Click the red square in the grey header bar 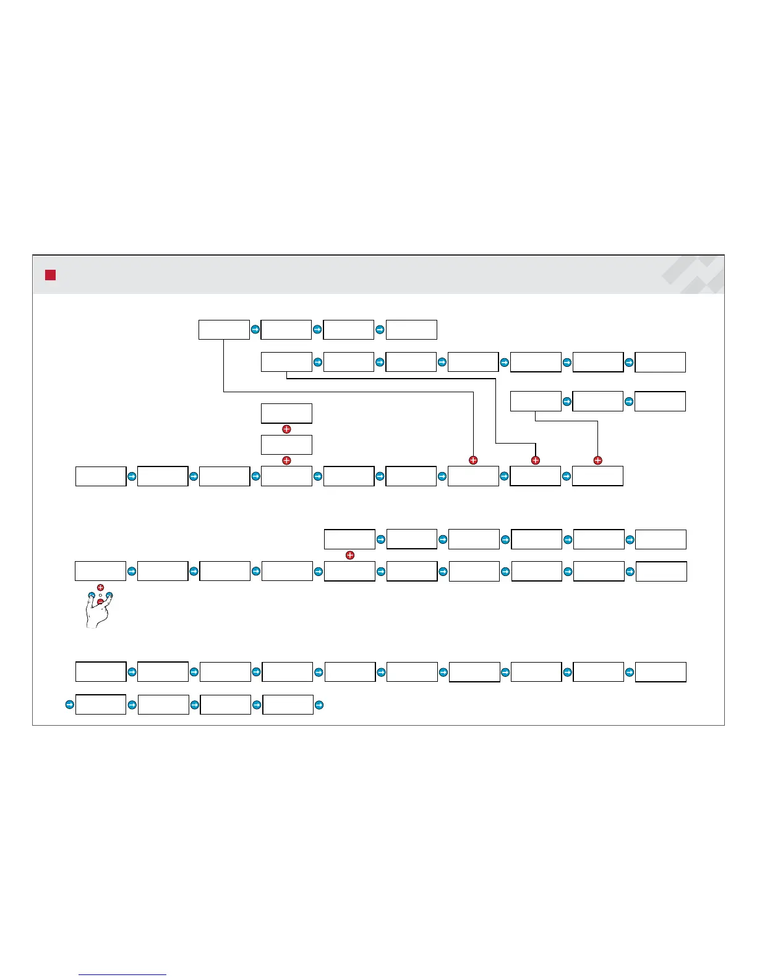click(50, 275)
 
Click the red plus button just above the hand click(100, 587)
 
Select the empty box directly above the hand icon click(100, 571)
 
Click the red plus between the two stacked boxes click(286, 429)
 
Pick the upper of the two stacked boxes click(286, 413)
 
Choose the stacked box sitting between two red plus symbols click(286, 445)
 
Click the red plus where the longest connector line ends click(473, 460)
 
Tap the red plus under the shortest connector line click(597, 460)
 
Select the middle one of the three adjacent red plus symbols click(536, 460)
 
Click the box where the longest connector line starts click(224, 330)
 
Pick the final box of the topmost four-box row click(411, 330)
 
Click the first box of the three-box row click(536, 401)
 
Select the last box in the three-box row click(660, 401)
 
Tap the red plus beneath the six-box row click(350, 556)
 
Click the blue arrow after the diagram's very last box click(319, 704)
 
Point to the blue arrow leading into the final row click(69, 704)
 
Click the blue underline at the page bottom click(122, 974)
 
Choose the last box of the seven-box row click(660, 362)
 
